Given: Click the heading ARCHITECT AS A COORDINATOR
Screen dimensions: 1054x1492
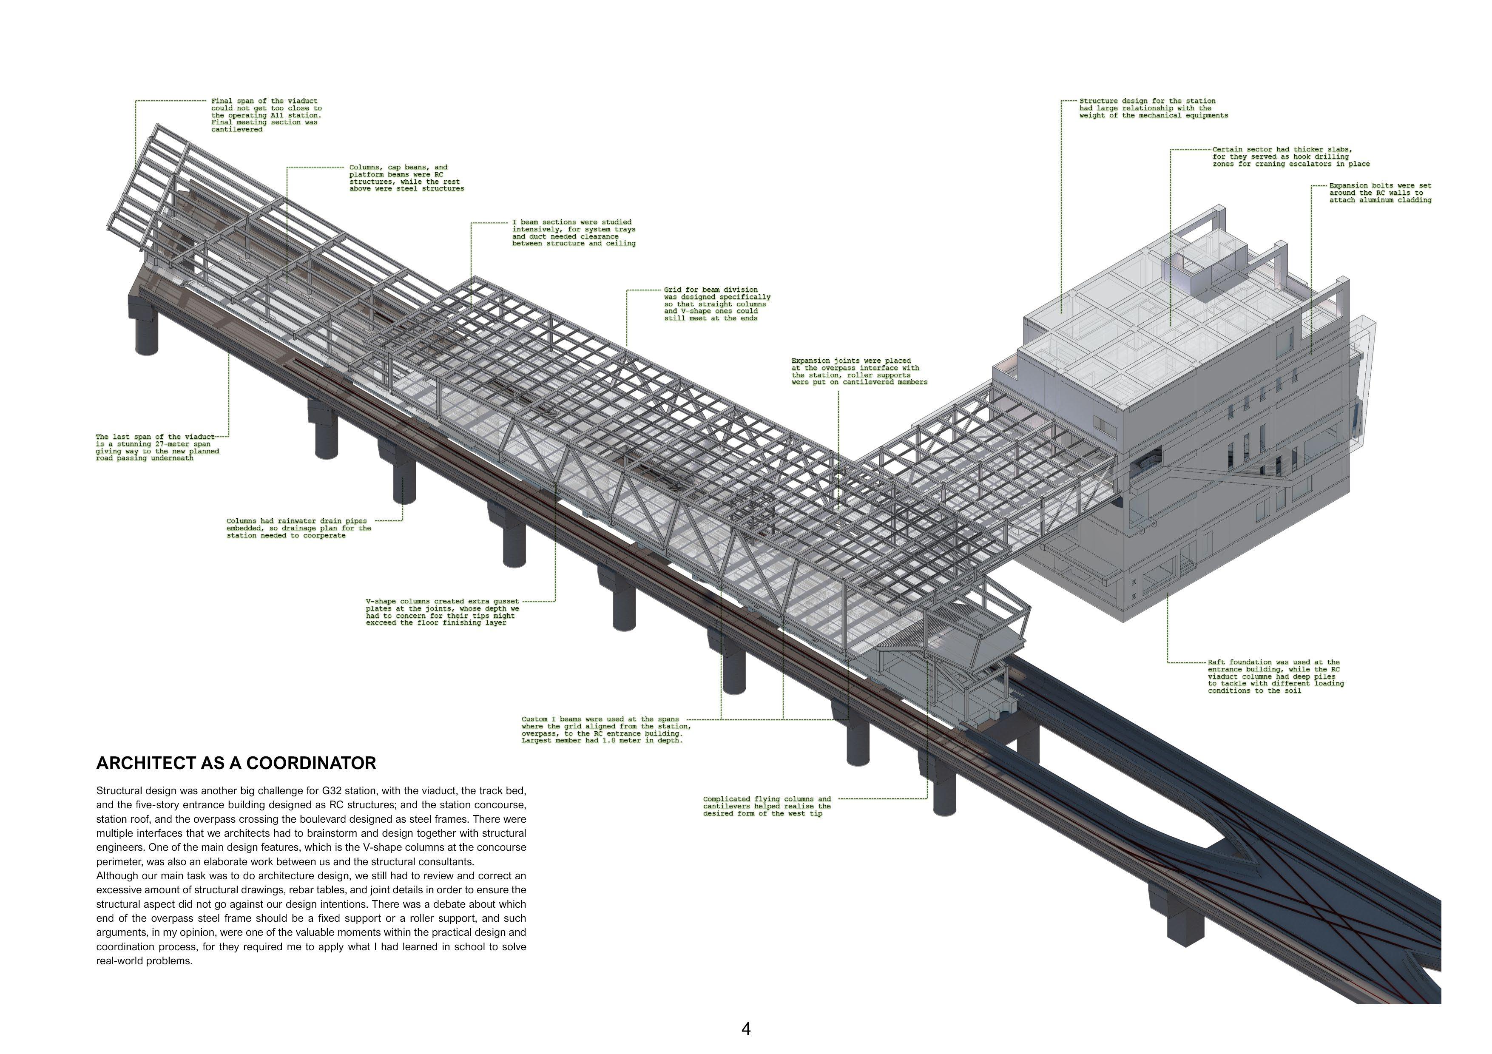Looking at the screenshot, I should (x=236, y=763).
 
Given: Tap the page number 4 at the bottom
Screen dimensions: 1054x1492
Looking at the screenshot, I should (x=746, y=1028).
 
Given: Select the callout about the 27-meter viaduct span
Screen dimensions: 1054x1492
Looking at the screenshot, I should (x=157, y=448).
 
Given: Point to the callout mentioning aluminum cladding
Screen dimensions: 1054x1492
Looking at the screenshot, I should (x=1380, y=193).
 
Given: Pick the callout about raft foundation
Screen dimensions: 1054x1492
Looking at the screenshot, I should (x=1276, y=676).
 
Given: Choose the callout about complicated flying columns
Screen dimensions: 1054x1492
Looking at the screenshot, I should (x=767, y=807).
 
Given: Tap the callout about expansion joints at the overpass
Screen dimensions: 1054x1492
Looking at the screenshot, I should (x=859, y=372).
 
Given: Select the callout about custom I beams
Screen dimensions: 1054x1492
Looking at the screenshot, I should (x=605, y=730).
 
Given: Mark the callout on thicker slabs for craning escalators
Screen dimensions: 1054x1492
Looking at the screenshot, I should (x=1290, y=156).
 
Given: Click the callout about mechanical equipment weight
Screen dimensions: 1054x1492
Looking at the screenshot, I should (x=1154, y=108).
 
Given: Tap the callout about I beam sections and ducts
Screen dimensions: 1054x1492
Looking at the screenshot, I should (x=574, y=233).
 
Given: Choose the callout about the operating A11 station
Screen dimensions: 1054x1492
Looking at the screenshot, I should (x=267, y=115).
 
